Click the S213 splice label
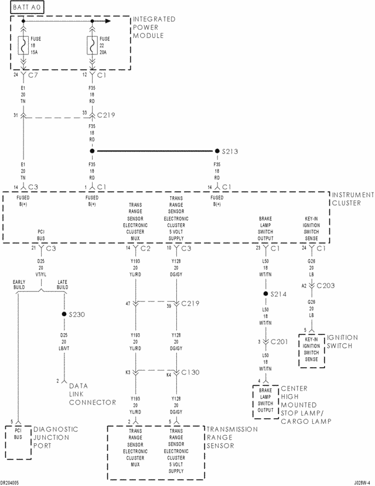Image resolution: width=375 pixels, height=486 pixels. tap(230, 151)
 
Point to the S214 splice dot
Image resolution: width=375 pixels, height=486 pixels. tap(265, 293)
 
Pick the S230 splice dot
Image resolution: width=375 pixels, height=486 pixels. tap(64, 314)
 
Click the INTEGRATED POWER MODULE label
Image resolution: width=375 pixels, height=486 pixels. tap(155, 28)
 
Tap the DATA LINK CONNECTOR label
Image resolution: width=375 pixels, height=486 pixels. tap(93, 393)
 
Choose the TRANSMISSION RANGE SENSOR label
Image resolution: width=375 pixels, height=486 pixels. tap(231, 437)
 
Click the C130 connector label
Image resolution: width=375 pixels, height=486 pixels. tap(191, 372)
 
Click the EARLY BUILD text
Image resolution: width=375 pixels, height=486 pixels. tap(22, 284)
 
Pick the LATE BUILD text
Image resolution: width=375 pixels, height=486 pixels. tap(63, 284)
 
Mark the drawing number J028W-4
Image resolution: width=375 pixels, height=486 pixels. tap(362, 482)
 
